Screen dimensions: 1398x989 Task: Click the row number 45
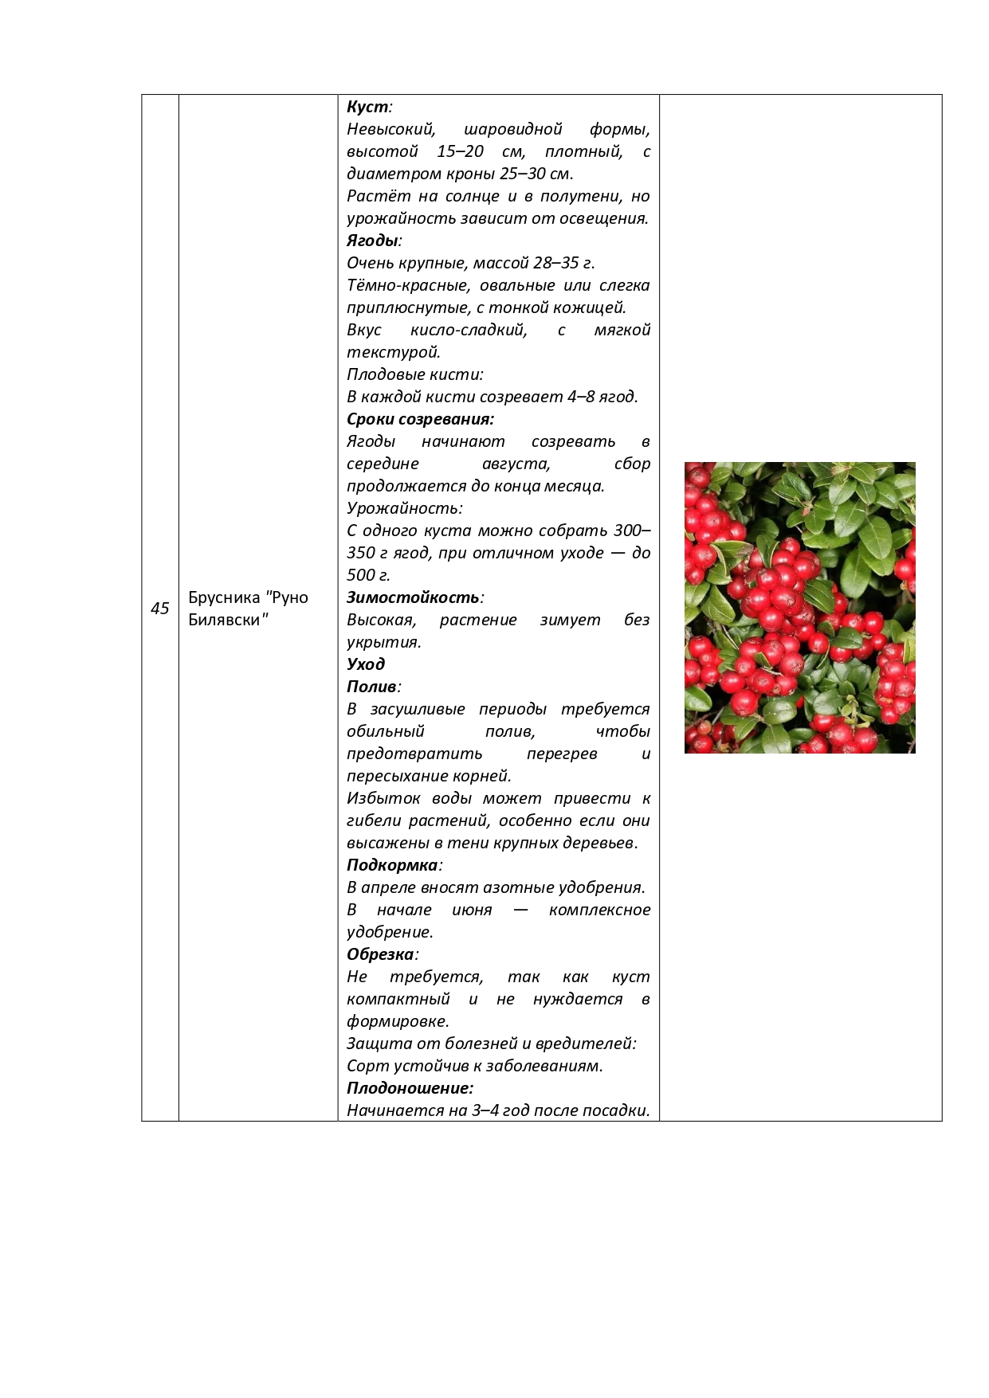tap(160, 609)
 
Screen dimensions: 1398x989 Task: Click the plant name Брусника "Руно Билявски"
tap(248, 609)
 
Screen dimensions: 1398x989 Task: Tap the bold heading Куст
tap(367, 107)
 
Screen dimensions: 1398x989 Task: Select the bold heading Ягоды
tap(372, 241)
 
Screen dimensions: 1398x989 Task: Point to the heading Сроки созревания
tap(420, 419)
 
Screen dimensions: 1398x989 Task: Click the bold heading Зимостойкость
tap(413, 597)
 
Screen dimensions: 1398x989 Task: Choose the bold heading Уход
tap(366, 664)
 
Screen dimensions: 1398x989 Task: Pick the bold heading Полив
tap(371, 687)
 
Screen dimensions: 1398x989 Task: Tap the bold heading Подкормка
tap(392, 865)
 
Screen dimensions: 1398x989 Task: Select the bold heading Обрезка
tap(380, 954)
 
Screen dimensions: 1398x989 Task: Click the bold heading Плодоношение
tap(410, 1088)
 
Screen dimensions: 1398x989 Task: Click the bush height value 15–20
tap(460, 151)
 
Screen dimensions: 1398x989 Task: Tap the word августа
tap(516, 464)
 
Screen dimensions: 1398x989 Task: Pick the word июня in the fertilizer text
tap(472, 910)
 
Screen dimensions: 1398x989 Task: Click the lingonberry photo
tap(799, 608)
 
